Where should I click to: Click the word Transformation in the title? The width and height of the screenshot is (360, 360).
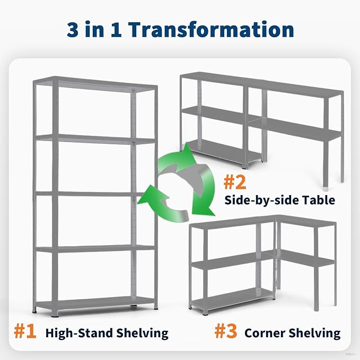point(212,29)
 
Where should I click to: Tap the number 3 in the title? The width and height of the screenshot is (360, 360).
point(73,29)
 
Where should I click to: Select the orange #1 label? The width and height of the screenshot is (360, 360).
point(25,331)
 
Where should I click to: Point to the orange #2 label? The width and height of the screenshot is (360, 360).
point(235,182)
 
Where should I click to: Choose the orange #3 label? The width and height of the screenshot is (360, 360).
point(226,331)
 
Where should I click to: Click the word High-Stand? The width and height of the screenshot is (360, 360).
point(79,333)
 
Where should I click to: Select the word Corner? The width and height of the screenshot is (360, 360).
point(265,333)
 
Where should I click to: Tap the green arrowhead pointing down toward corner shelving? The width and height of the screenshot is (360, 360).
point(202,207)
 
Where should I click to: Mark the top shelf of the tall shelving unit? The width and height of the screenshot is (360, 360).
point(95,84)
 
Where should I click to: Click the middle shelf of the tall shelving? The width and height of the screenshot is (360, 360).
point(92,194)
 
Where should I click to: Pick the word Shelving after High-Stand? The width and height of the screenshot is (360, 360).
point(142,333)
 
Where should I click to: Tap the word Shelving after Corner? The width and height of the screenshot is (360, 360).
point(314,333)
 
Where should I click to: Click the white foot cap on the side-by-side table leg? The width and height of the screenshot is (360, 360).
point(326,189)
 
